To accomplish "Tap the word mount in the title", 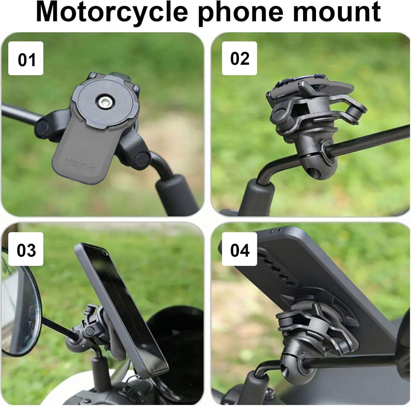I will pos(337,13).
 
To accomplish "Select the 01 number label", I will pos(26,59).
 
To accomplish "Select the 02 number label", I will pos(239,59).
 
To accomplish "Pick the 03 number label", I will pos(26,249).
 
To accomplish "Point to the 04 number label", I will pos(239,249).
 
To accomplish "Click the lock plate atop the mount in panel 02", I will pos(310,82).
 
